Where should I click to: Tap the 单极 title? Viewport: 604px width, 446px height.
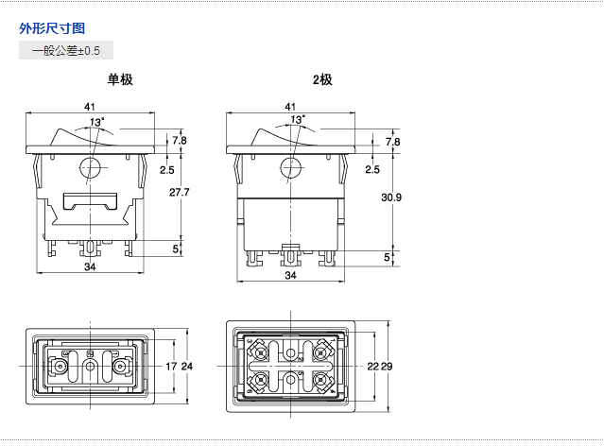tap(119, 80)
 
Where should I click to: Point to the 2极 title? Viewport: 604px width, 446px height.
tap(322, 80)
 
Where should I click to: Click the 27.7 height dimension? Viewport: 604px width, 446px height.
tap(179, 193)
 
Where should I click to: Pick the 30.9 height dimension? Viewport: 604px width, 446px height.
tap(391, 197)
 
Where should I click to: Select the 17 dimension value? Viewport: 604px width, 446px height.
tap(171, 366)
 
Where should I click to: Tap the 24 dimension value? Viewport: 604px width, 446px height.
tap(186, 366)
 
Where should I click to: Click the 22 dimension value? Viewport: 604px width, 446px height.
tap(373, 366)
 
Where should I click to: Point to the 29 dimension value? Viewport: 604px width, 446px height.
tap(388, 366)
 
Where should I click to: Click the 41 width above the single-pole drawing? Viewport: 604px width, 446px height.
tap(90, 106)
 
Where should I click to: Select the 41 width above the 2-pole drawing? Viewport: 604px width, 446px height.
tap(290, 106)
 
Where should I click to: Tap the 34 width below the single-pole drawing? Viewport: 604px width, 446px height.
tap(90, 267)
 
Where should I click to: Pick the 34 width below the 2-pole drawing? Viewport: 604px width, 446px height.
tap(290, 275)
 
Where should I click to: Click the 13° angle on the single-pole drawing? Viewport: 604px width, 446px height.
tap(96, 122)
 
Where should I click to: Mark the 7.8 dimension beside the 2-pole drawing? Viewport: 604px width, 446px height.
tap(393, 141)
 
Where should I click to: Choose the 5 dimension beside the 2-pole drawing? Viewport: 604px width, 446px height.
tap(387, 256)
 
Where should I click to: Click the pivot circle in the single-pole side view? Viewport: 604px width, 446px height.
tap(90, 169)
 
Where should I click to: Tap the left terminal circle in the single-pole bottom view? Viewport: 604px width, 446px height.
tap(60, 366)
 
